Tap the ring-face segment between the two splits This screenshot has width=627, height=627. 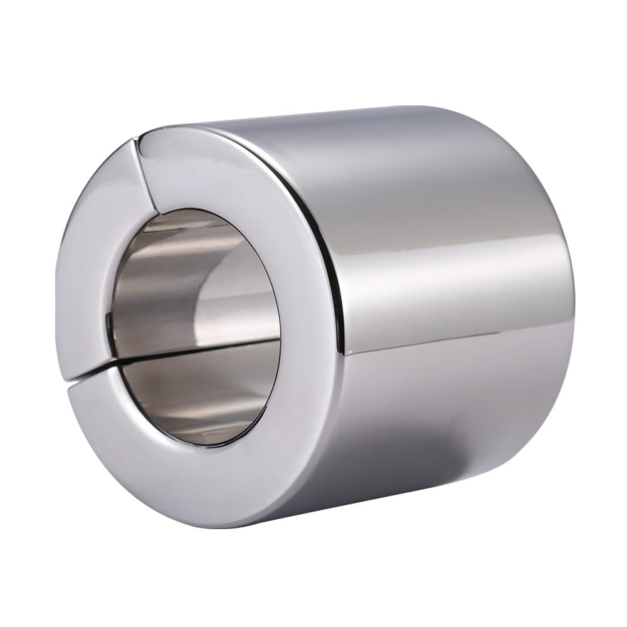tap(94, 251)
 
